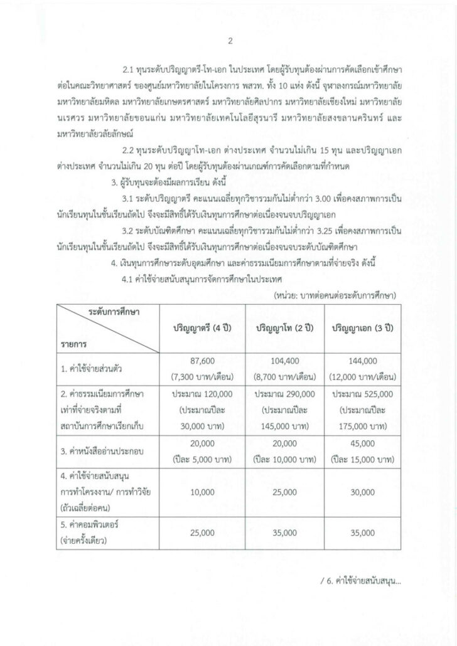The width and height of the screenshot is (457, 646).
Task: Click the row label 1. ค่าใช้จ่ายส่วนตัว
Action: pos(93,369)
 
